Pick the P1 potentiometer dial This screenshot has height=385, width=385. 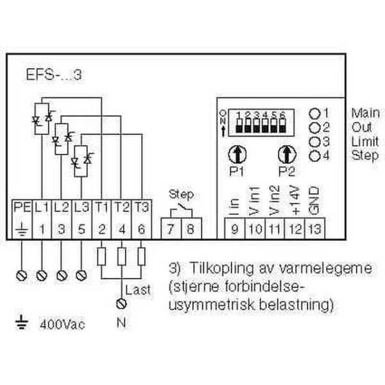pos(236,154)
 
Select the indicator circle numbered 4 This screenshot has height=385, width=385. pos(315,156)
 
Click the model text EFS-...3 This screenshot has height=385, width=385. pos(63,74)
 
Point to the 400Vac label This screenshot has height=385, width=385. pos(63,324)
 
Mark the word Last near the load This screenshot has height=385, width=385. pos(139,289)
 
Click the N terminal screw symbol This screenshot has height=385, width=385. pos(121,302)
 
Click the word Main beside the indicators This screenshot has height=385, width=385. pos(365,113)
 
